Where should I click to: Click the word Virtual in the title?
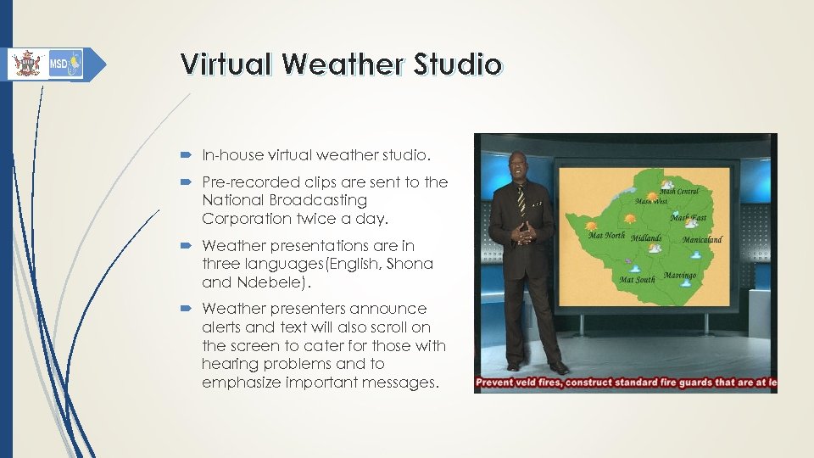227,64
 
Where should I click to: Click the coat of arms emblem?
27,64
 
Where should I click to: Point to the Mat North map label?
606,236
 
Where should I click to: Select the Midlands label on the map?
646,238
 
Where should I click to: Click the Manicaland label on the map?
703,240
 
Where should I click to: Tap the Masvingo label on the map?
680,276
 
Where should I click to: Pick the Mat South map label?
637,279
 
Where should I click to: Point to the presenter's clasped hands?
527,234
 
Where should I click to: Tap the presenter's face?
518,165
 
